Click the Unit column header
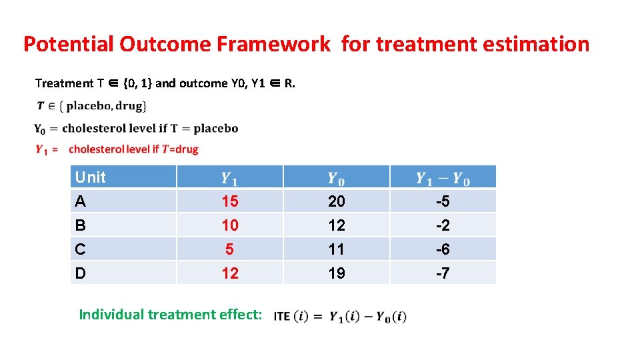point(91,177)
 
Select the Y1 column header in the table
point(229,178)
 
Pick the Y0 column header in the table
point(336,178)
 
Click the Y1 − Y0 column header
point(443,178)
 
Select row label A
point(81,201)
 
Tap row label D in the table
point(81,273)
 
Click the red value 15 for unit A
point(229,201)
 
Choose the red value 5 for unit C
point(229,249)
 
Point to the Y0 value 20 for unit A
point(337,201)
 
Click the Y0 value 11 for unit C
point(337,249)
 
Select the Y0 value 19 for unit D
point(337,273)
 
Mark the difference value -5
point(443,201)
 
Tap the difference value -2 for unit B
point(443,225)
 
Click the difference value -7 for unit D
point(443,273)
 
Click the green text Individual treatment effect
point(171,314)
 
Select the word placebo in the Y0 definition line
point(214,128)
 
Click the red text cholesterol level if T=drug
point(133,149)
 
